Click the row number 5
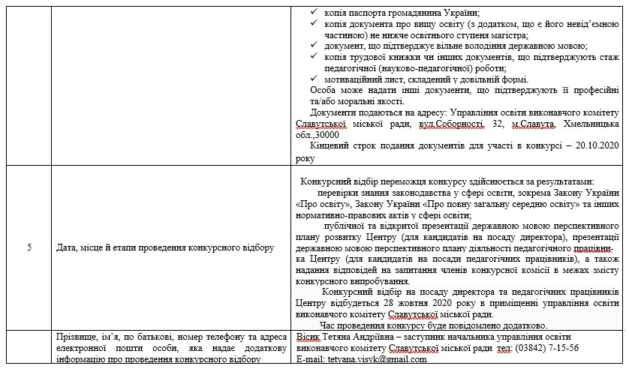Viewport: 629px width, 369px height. click(28, 247)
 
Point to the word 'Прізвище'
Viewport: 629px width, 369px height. click(77, 337)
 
